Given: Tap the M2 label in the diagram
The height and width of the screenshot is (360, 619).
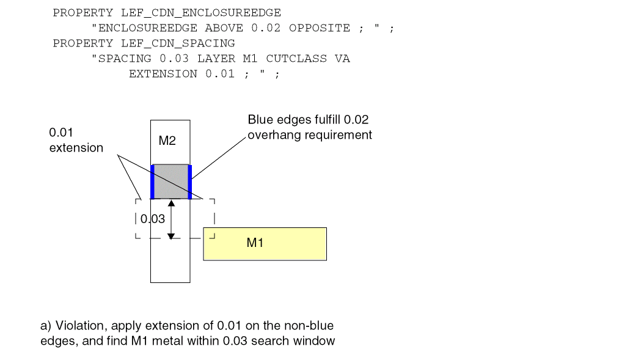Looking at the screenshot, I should (167, 141).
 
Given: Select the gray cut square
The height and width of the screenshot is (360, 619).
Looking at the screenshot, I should (170, 181).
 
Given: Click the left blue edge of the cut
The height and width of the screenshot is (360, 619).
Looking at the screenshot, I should (152, 181).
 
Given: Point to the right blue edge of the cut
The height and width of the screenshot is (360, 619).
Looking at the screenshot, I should (190, 181).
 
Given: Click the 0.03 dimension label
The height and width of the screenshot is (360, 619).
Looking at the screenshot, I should (153, 219).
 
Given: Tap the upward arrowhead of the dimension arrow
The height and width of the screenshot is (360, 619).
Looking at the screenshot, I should (171, 203).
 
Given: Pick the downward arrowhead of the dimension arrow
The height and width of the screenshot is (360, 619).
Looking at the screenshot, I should (171, 235).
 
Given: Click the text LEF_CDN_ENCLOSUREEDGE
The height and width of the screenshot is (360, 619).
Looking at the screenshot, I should (201, 13).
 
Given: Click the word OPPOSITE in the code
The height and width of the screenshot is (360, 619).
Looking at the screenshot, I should (320, 28).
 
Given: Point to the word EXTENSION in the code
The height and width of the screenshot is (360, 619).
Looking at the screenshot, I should (163, 74).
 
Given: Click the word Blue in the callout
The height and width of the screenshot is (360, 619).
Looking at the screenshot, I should (259, 120).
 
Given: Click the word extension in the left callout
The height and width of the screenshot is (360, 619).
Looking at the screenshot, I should (76, 148).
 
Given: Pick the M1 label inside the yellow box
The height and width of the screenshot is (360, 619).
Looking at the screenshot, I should (255, 243).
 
